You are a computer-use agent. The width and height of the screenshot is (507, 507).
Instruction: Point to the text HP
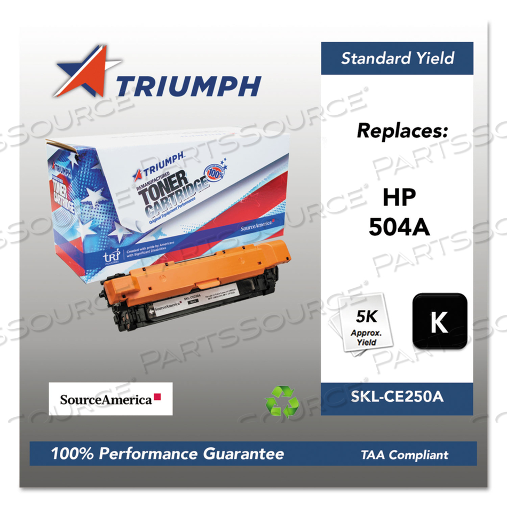click(399, 198)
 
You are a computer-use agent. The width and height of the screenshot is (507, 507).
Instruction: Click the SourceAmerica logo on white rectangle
click(110, 399)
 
